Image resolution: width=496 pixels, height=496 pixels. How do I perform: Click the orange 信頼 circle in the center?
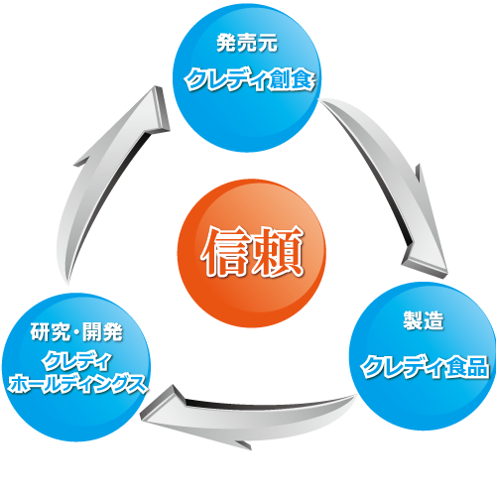tap(252, 253)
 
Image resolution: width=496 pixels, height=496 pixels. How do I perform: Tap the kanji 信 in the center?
tap(225, 252)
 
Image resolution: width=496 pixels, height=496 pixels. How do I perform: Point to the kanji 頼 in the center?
tap(278, 252)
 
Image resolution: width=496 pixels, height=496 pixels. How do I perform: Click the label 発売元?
tap(247, 43)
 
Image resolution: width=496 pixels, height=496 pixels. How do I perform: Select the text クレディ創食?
tap(249, 80)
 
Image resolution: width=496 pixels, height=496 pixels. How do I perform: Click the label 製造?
tap(424, 320)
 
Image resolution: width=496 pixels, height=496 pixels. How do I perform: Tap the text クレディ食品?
tap(425, 367)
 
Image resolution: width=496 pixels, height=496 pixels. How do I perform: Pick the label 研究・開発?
tap(76, 331)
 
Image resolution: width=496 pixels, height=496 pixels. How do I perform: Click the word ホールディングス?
tap(77, 385)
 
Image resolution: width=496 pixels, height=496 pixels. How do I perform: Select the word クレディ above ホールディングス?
tap(76, 361)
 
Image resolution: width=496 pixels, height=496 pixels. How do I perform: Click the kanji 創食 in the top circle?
tap(292, 80)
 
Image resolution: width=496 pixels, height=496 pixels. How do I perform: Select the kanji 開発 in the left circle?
tap(102, 331)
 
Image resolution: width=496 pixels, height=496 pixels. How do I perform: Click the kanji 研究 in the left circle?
tap(51, 331)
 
